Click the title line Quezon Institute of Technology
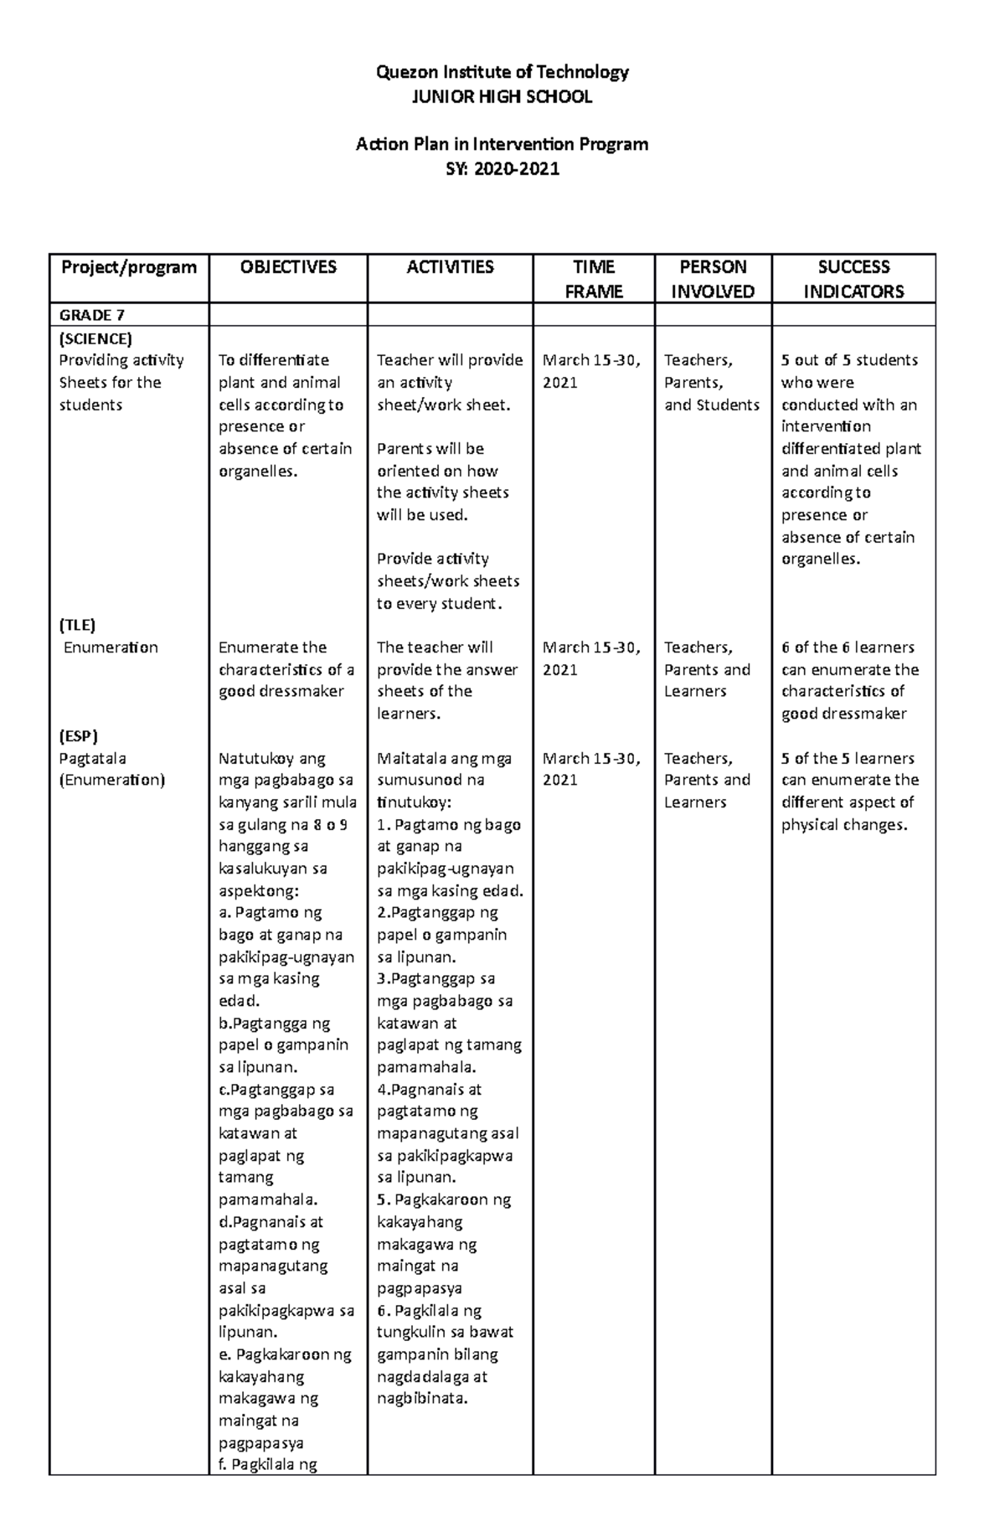[x=502, y=72]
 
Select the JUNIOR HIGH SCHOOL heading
[x=502, y=97]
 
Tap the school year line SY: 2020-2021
[x=502, y=169]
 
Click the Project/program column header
[x=128, y=267]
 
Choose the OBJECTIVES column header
[x=288, y=267]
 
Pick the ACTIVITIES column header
[x=450, y=267]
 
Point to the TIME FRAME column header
[x=594, y=279]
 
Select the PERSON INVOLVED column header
[x=713, y=279]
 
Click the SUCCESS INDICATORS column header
[x=853, y=279]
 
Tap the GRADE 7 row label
[x=91, y=315]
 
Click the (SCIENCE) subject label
[x=95, y=338]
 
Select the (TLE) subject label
[x=77, y=625]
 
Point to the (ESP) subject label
[x=78, y=736]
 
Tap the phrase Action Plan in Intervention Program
[x=502, y=144]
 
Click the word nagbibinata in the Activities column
[x=421, y=1399]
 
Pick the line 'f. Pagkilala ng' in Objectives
[x=267, y=1465]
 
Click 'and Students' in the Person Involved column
[x=711, y=405]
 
